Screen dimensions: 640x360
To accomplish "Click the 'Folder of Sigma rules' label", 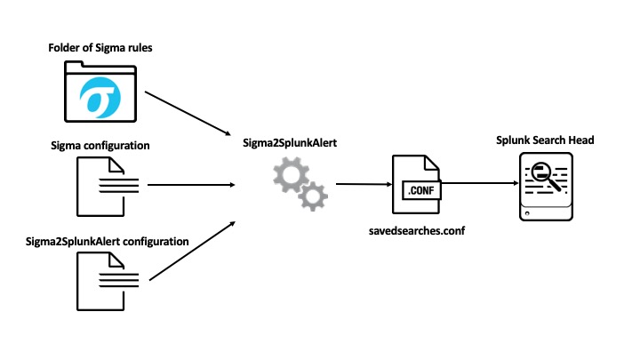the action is [100, 48].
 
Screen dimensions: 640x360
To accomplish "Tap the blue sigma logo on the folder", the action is [100, 98].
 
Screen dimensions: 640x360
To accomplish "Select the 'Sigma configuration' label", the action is [100, 146].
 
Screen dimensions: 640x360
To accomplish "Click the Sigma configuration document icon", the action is [108, 187].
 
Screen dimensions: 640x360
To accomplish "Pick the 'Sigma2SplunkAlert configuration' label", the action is [107, 242].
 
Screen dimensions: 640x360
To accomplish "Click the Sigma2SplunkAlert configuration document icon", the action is [108, 282].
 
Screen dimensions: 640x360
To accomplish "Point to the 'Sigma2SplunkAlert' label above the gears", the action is [290, 143].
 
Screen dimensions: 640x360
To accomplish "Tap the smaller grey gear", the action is [313, 196].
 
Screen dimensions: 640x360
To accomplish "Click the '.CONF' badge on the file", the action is [421, 190].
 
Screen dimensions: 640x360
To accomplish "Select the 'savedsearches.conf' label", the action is [417, 231].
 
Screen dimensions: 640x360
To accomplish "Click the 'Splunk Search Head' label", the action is [545, 140].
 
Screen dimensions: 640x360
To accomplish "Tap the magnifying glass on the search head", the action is [546, 176].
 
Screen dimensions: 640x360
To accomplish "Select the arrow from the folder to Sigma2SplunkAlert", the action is [188, 113].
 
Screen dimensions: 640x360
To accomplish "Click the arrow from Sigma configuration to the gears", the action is [191, 185].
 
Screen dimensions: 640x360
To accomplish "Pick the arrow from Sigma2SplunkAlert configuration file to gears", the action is [192, 251].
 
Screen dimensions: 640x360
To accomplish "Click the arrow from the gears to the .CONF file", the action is [364, 184].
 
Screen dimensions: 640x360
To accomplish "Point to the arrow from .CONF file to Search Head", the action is [480, 183].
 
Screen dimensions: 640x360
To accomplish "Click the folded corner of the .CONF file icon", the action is [432, 163].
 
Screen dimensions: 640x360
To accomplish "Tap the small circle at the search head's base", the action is [527, 213].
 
